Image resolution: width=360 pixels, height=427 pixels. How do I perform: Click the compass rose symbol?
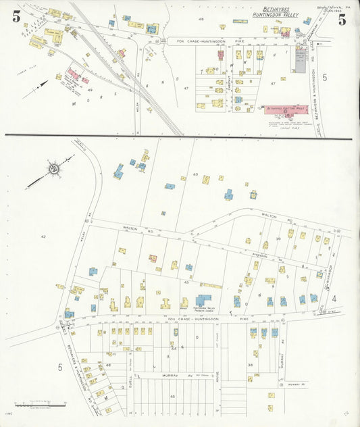[53, 166]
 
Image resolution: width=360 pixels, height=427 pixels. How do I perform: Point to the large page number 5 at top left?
[16, 18]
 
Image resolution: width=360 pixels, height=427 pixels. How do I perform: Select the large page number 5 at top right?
[342, 19]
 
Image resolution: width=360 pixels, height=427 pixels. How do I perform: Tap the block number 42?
[43, 236]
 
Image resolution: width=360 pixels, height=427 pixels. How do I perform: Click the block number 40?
[196, 174]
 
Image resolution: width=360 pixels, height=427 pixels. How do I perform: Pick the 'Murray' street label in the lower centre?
[169, 374]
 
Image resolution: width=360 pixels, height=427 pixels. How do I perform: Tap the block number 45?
[173, 396]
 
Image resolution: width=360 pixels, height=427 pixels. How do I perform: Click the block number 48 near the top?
[201, 20]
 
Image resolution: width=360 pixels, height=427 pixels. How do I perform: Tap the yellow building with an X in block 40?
[205, 179]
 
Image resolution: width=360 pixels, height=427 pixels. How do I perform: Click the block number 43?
[186, 282]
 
